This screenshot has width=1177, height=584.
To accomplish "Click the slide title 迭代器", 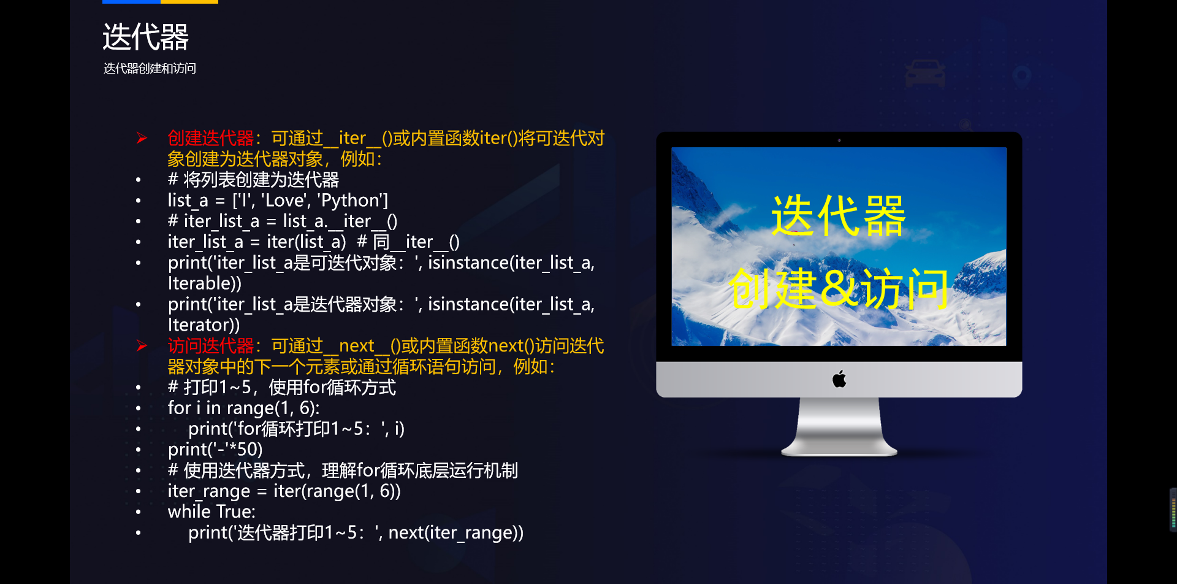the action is pyautogui.click(x=145, y=37).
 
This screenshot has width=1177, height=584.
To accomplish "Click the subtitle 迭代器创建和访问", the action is pyautogui.click(x=150, y=68).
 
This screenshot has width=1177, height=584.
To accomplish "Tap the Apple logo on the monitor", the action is pyautogui.click(x=839, y=379).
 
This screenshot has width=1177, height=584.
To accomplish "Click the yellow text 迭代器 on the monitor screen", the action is pyautogui.click(x=838, y=216).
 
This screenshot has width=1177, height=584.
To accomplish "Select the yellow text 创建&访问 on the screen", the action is pyautogui.click(x=838, y=288).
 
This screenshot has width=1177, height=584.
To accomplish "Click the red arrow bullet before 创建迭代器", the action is pyautogui.click(x=142, y=138).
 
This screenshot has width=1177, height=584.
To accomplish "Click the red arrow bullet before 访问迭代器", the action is pyautogui.click(x=142, y=345).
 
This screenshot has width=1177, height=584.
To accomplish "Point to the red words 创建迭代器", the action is pyautogui.click(x=210, y=138).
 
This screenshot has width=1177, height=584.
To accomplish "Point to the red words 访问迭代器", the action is pyautogui.click(x=210, y=345).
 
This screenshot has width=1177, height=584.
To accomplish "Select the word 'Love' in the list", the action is pyautogui.click(x=285, y=201).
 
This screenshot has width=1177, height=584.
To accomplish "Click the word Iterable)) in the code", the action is pyautogui.click(x=205, y=283).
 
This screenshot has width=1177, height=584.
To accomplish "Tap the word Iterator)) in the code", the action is pyautogui.click(x=204, y=325).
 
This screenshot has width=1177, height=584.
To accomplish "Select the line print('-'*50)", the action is pyautogui.click(x=215, y=450).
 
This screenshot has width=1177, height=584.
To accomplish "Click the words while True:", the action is pyautogui.click(x=211, y=512).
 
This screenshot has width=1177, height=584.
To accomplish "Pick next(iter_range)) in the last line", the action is pyautogui.click(x=456, y=532).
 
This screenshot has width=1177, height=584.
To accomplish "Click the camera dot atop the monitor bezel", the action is pyautogui.click(x=839, y=140).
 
